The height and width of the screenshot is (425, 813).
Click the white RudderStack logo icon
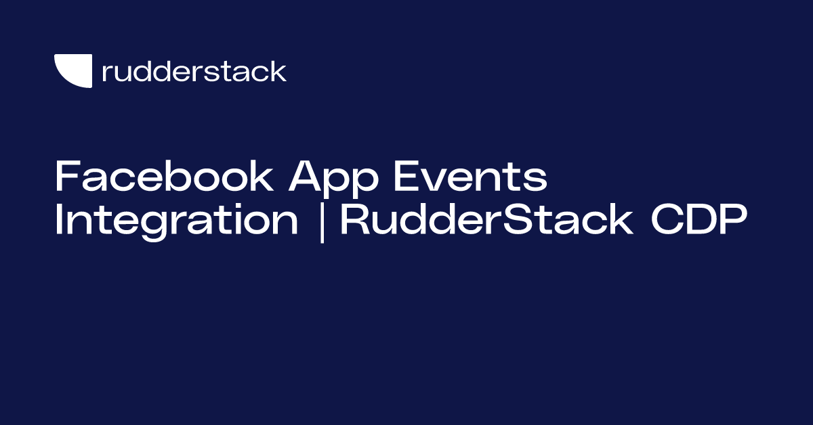72,70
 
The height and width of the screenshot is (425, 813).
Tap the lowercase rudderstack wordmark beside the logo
194,71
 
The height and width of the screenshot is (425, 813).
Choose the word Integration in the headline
176,221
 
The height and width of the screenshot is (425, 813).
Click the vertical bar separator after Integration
320,221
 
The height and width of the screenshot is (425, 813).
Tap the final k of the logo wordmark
278,71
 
